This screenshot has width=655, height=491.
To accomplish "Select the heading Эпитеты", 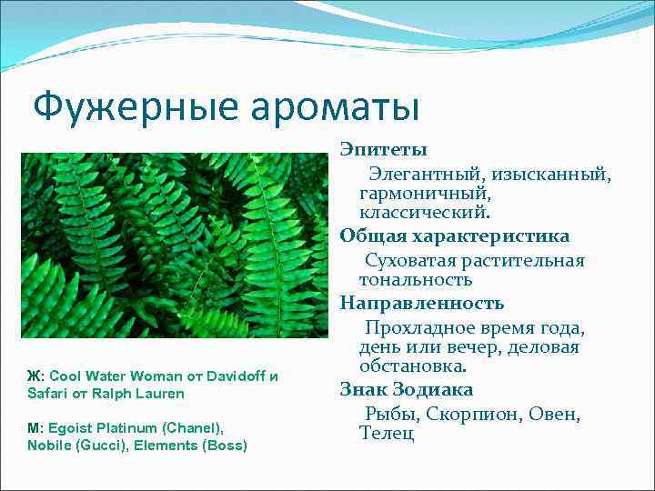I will tap(384, 148).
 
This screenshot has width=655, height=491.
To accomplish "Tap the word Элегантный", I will tap(424, 173).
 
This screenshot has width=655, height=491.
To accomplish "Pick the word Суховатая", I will tap(411, 260).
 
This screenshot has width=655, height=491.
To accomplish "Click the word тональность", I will tap(416, 280).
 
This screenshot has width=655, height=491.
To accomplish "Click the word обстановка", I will tap(413, 367).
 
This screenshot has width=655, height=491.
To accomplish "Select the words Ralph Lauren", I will tap(143, 394).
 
